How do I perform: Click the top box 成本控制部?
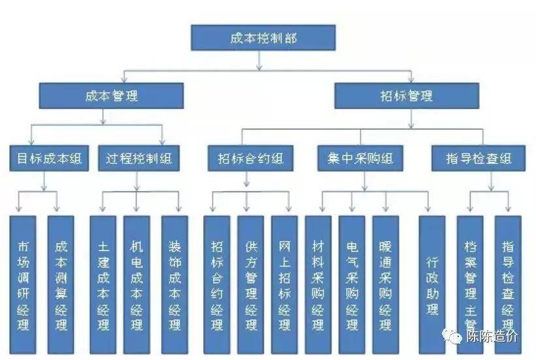(263, 38)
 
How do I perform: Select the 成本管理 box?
(111, 95)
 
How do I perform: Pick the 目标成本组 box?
(50, 159)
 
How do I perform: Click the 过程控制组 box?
(138, 159)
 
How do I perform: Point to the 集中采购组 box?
(361, 159)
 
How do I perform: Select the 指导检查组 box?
(478, 159)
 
